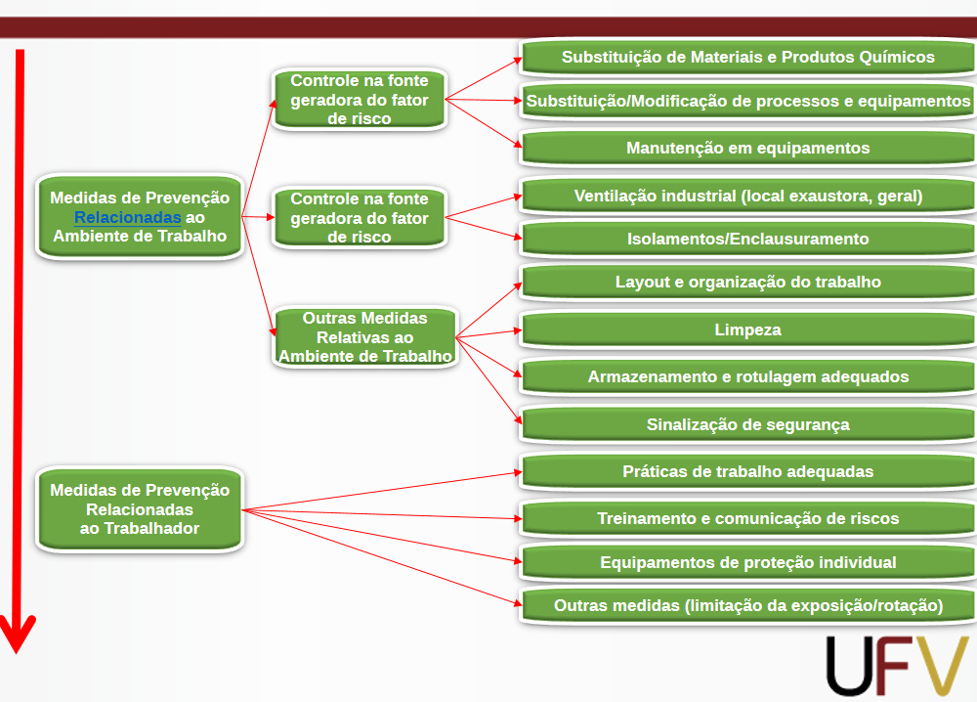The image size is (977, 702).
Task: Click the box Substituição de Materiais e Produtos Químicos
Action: [747, 57]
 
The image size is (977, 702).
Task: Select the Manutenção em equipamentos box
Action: [747, 148]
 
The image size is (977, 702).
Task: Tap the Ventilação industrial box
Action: [747, 196]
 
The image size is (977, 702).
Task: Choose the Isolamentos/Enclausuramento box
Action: [747, 239]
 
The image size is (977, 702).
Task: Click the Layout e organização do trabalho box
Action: [747, 282]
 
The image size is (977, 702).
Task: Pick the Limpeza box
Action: [747, 329]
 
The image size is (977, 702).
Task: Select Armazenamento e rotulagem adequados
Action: [747, 376]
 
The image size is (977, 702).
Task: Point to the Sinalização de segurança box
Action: [747, 424]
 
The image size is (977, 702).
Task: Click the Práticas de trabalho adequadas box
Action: [747, 471]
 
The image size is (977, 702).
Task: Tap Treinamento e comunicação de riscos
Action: [747, 518]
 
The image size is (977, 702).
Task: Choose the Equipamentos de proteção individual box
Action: [747, 562]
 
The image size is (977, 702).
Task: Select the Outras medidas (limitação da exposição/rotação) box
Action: [747, 605]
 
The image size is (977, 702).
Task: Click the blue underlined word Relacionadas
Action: [127, 218]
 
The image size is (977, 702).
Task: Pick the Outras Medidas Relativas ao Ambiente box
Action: [365, 336]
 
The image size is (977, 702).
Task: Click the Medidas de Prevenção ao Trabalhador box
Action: [140, 509]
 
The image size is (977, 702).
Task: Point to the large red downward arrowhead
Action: [18, 633]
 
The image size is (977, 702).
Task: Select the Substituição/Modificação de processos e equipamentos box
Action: [747, 101]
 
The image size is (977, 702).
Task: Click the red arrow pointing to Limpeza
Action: [488, 333]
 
